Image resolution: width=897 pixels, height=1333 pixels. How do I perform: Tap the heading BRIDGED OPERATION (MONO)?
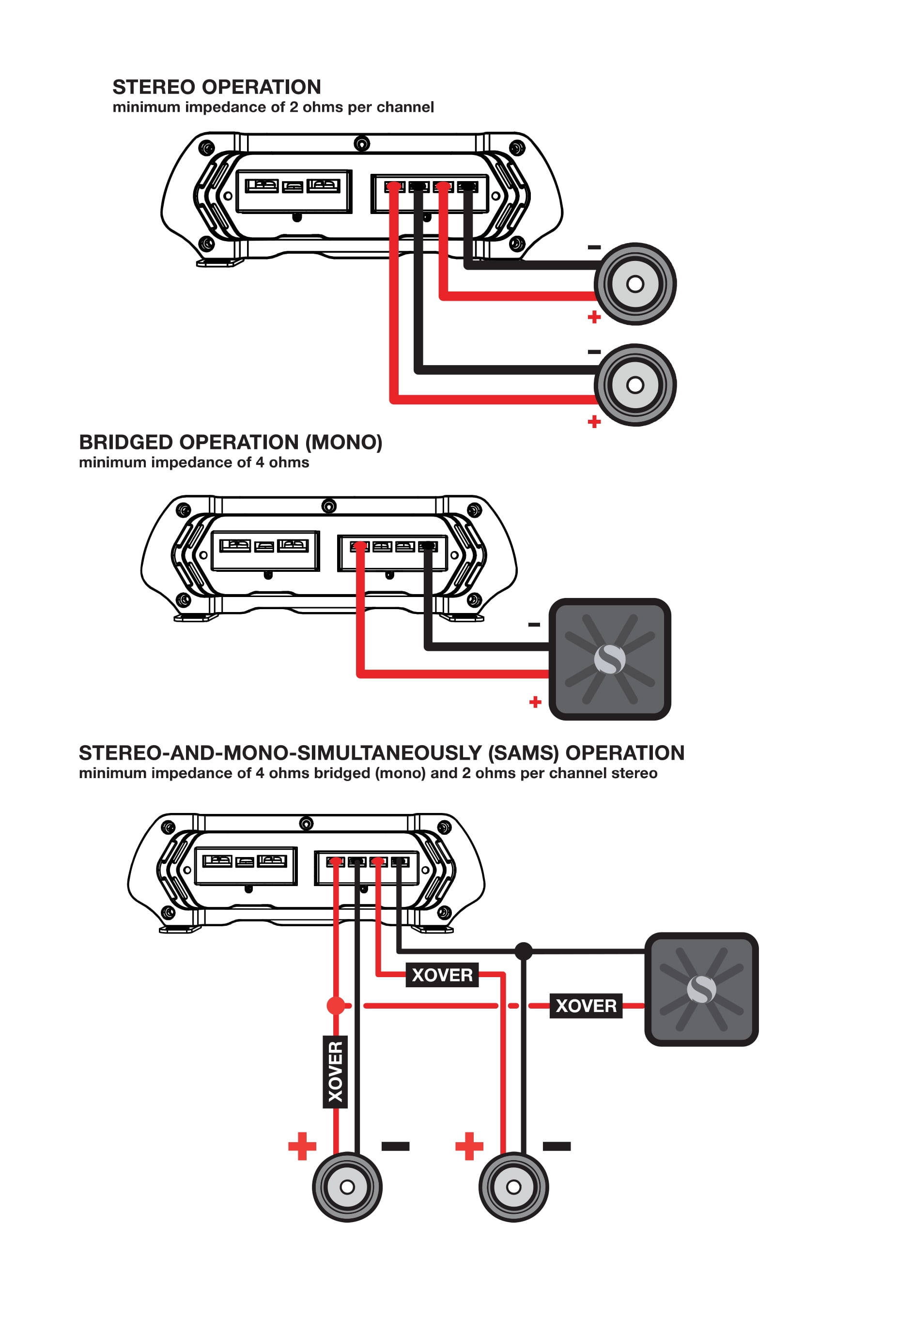[230, 442]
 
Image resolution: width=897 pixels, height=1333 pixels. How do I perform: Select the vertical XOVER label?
[335, 1072]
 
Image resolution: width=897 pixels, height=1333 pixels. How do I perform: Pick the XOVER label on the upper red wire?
[442, 974]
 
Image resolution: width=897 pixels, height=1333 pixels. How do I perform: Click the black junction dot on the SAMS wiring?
[524, 951]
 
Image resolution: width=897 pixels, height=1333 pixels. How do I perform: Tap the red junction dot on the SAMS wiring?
[335, 1005]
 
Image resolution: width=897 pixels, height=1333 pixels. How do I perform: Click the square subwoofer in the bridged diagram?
[609, 659]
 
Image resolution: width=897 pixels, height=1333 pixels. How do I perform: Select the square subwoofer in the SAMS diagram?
[701, 989]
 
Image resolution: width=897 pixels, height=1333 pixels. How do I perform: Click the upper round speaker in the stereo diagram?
[635, 284]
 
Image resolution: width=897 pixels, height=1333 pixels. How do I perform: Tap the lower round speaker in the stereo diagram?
[635, 385]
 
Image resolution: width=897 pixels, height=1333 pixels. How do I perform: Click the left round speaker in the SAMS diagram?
[347, 1187]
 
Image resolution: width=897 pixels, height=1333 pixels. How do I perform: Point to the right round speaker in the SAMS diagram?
[514, 1187]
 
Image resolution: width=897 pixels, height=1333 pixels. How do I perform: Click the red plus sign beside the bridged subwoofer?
[535, 702]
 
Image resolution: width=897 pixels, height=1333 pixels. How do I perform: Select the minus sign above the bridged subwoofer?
[534, 625]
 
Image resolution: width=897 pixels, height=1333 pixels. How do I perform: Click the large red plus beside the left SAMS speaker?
[302, 1146]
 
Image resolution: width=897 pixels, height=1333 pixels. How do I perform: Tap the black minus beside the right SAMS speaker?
[556, 1146]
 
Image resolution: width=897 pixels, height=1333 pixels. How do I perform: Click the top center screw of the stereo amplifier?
[361, 143]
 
